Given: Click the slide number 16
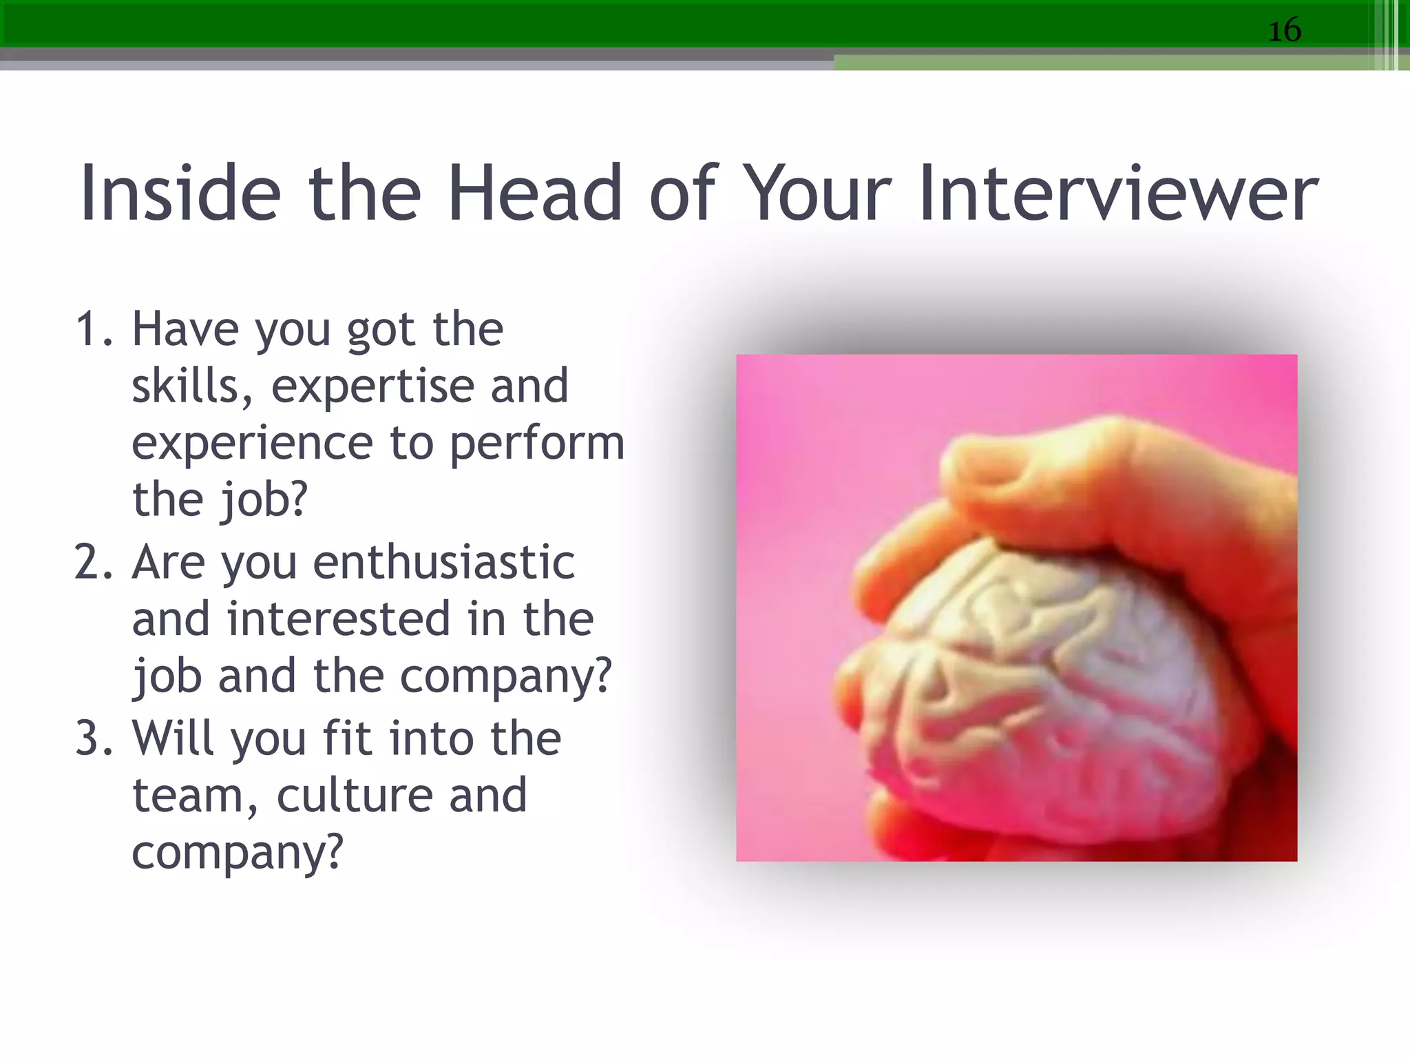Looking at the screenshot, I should pyautogui.click(x=1284, y=30).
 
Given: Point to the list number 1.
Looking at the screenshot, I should pyautogui.click(x=93, y=329).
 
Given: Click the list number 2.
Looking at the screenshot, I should pyautogui.click(x=93, y=562).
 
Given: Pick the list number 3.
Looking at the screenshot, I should pyautogui.click(x=93, y=738).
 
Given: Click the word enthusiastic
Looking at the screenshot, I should pyautogui.click(x=443, y=562).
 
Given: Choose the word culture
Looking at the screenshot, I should pyautogui.click(x=355, y=796).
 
